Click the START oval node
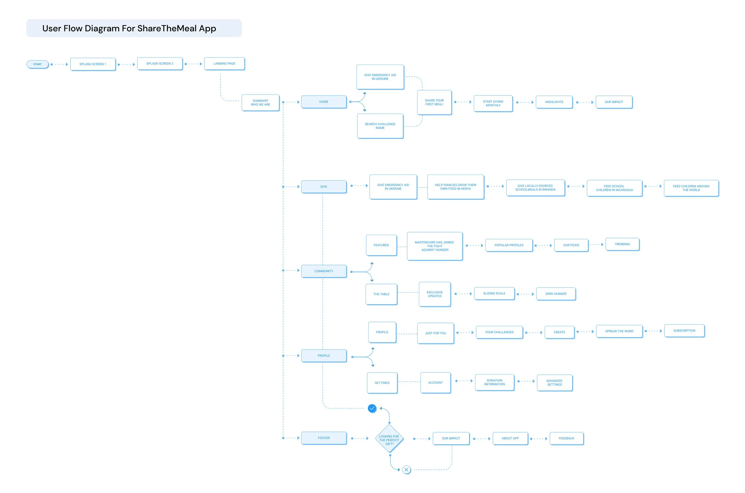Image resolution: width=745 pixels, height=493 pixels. (x=38, y=64)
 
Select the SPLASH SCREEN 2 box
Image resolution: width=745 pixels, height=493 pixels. (x=160, y=63)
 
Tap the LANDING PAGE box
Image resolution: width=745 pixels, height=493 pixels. (x=224, y=63)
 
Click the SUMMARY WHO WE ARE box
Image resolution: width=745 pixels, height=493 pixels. (x=260, y=102)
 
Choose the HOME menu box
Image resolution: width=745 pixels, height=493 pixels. (x=324, y=102)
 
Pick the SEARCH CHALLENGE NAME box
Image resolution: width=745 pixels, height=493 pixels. (x=380, y=126)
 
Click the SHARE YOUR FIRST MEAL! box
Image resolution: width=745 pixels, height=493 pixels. (x=434, y=102)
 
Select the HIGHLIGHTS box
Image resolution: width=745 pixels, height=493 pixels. (x=554, y=102)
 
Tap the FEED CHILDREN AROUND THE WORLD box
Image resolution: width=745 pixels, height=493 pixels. (x=691, y=188)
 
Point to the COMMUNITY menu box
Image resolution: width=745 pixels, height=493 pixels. (x=324, y=271)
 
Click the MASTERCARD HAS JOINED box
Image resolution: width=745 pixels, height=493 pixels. (x=434, y=246)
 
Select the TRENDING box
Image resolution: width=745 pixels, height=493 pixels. (x=622, y=244)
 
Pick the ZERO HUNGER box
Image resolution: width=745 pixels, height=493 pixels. (x=556, y=294)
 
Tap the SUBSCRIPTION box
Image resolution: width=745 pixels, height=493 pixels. (x=684, y=330)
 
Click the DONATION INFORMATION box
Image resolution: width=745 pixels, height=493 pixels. (x=494, y=382)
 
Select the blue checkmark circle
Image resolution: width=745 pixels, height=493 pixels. (x=372, y=408)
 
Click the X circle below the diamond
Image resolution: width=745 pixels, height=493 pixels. (x=406, y=469)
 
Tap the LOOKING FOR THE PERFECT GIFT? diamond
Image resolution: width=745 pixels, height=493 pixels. (x=389, y=439)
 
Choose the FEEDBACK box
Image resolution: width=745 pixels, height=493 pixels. (x=566, y=438)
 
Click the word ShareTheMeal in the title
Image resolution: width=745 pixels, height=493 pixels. (x=167, y=28)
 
